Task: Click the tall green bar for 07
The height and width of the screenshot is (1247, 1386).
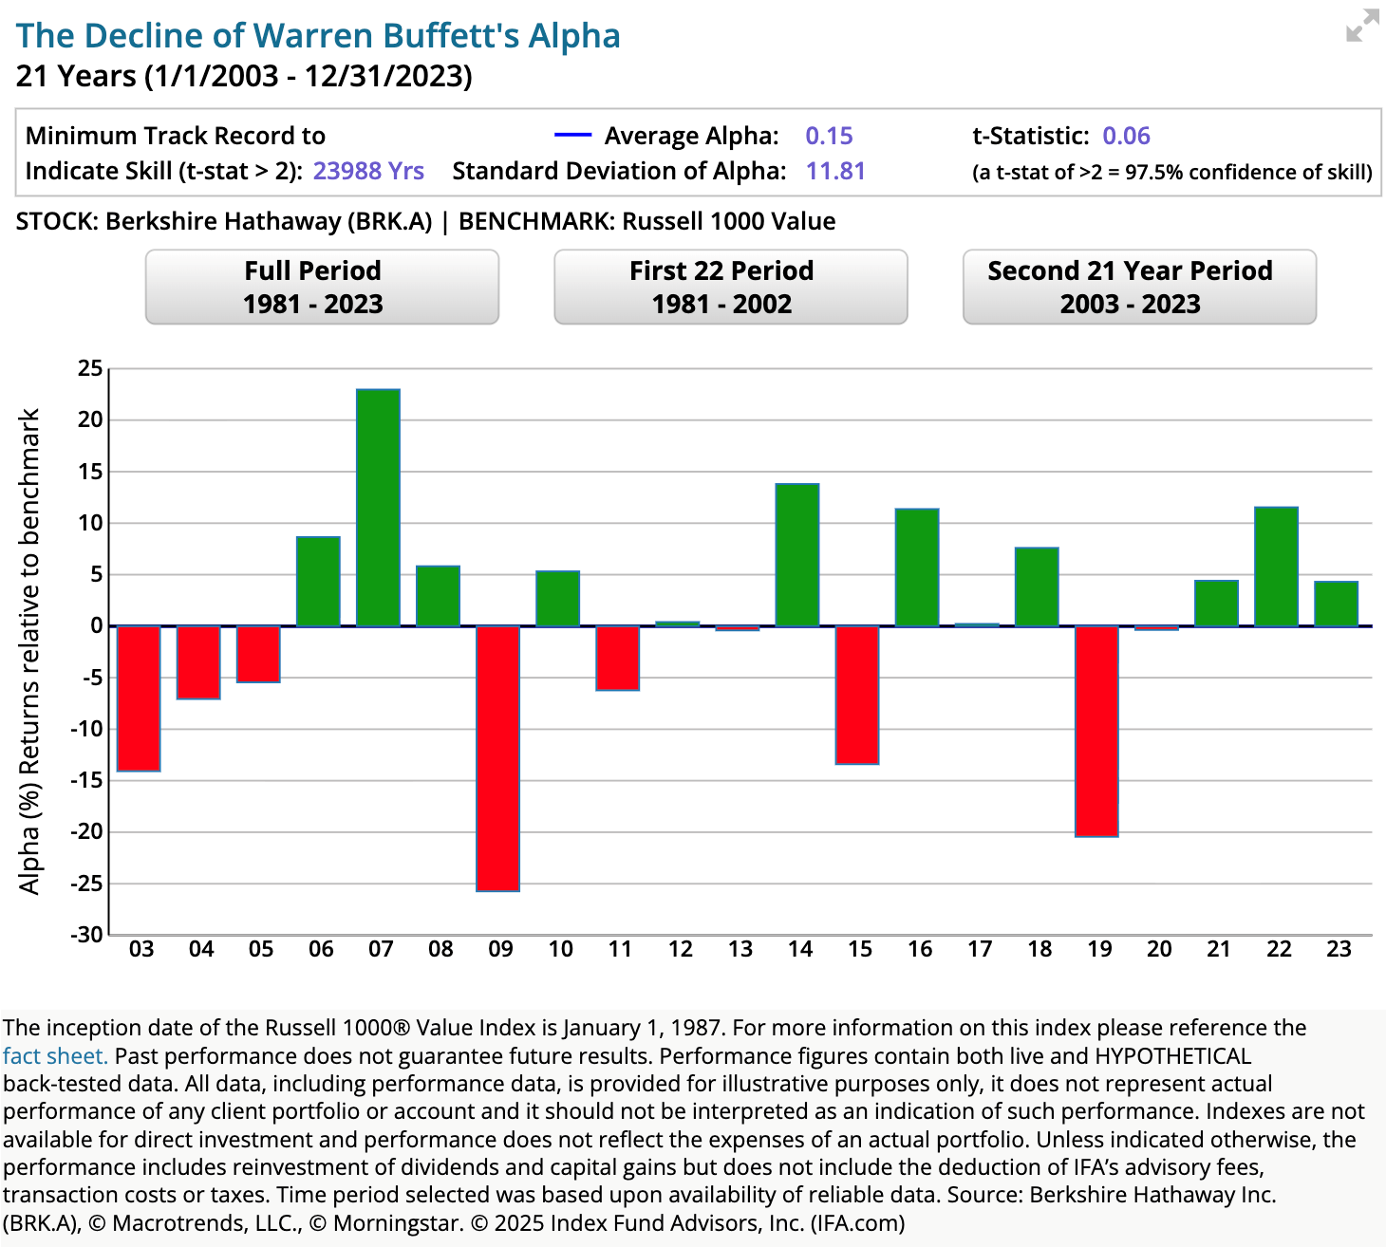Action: click(378, 508)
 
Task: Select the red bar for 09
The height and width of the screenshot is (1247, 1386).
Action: click(497, 758)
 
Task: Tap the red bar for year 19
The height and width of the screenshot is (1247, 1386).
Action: click(1096, 731)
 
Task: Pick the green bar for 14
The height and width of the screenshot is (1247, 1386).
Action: click(797, 555)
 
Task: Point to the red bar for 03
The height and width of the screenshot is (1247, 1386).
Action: click(139, 698)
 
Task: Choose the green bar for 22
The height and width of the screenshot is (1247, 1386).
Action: click(1276, 567)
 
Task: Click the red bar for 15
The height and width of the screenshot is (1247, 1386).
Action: click(857, 695)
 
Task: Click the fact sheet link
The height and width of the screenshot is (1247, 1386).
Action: click(54, 1056)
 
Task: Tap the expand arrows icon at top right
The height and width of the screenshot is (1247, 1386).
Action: click(1362, 27)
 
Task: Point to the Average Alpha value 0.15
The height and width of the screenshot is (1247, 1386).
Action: click(829, 136)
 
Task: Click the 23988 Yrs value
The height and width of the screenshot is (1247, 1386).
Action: click(368, 171)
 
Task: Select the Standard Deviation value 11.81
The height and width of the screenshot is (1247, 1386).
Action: click(835, 171)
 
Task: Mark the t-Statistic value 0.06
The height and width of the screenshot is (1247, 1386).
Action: click(1126, 136)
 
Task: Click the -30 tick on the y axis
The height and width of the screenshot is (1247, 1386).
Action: click(86, 935)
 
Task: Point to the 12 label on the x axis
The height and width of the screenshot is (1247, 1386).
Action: click(680, 949)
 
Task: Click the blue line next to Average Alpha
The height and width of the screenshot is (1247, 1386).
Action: click(572, 136)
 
